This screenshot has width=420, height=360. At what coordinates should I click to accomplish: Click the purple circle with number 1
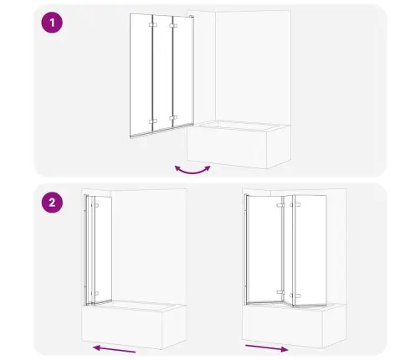tap(52, 23)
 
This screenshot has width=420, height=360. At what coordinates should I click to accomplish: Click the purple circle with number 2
tap(52, 203)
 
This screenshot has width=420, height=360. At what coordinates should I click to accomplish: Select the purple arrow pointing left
tap(114, 349)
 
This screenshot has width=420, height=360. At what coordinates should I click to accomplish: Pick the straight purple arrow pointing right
tap(267, 348)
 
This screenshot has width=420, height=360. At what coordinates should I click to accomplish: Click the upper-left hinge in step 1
tap(153, 25)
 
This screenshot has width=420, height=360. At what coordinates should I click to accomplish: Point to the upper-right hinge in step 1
tap(173, 26)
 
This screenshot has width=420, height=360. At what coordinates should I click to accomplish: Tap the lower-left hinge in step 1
tap(153, 121)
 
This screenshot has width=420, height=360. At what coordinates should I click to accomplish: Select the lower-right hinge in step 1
tap(173, 118)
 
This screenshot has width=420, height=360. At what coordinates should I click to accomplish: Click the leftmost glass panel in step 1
tap(141, 75)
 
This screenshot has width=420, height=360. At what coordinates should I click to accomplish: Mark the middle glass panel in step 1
tap(162, 73)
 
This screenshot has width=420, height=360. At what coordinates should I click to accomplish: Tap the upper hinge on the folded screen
tap(96, 206)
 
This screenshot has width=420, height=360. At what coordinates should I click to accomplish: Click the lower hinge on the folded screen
tap(96, 293)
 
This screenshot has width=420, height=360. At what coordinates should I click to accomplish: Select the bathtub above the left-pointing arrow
tap(134, 324)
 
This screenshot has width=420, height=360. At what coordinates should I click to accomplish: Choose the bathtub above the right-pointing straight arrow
tap(295, 325)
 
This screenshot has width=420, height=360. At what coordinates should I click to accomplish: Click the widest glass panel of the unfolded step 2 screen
tap(265, 249)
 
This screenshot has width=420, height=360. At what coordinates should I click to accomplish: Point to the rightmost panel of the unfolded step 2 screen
tap(310, 250)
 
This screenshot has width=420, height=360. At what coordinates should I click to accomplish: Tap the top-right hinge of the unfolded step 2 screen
tap(295, 205)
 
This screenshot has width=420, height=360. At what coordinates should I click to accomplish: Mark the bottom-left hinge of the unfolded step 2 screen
tap(281, 292)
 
